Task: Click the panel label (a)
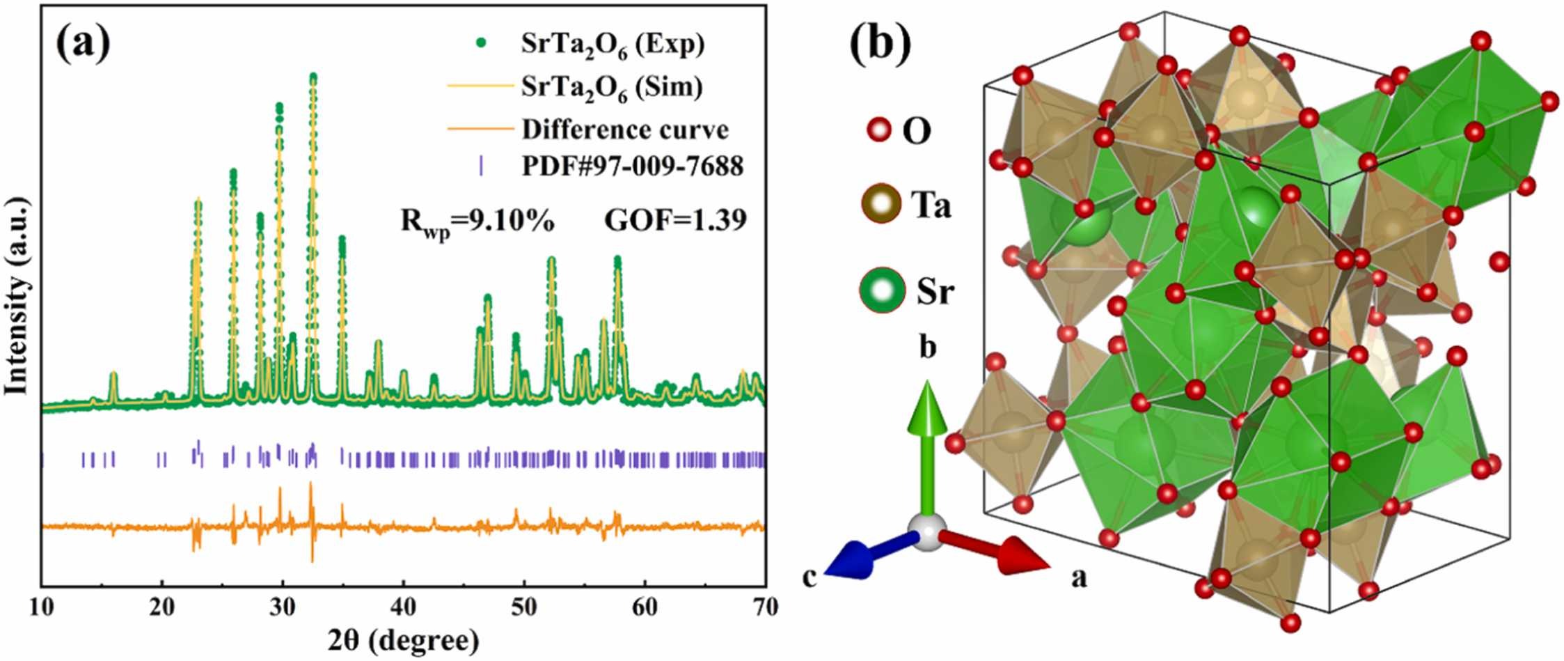[84, 43]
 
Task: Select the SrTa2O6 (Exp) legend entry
[613, 44]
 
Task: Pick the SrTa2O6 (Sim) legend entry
[612, 87]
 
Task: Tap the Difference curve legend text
[625, 130]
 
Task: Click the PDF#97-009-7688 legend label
[632, 166]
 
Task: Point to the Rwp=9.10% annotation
[477, 221]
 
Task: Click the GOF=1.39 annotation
[675, 220]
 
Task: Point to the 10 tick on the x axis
[42, 607]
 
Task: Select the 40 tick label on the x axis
[404, 607]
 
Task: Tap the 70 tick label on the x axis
[765, 607]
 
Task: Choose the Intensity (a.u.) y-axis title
[17, 296]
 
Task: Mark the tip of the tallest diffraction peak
[313, 76]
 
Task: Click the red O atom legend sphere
[879, 130]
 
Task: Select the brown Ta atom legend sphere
[881, 204]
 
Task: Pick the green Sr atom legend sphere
[882, 290]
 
